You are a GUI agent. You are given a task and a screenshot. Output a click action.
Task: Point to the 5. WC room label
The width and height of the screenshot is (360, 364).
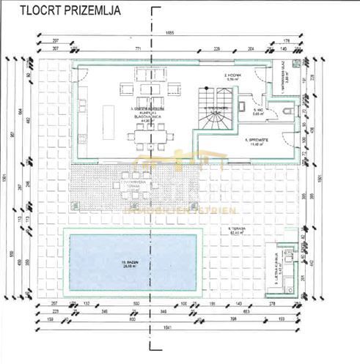coord(257,112)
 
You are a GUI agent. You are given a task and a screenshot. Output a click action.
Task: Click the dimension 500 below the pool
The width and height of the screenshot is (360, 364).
coord(136,302)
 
